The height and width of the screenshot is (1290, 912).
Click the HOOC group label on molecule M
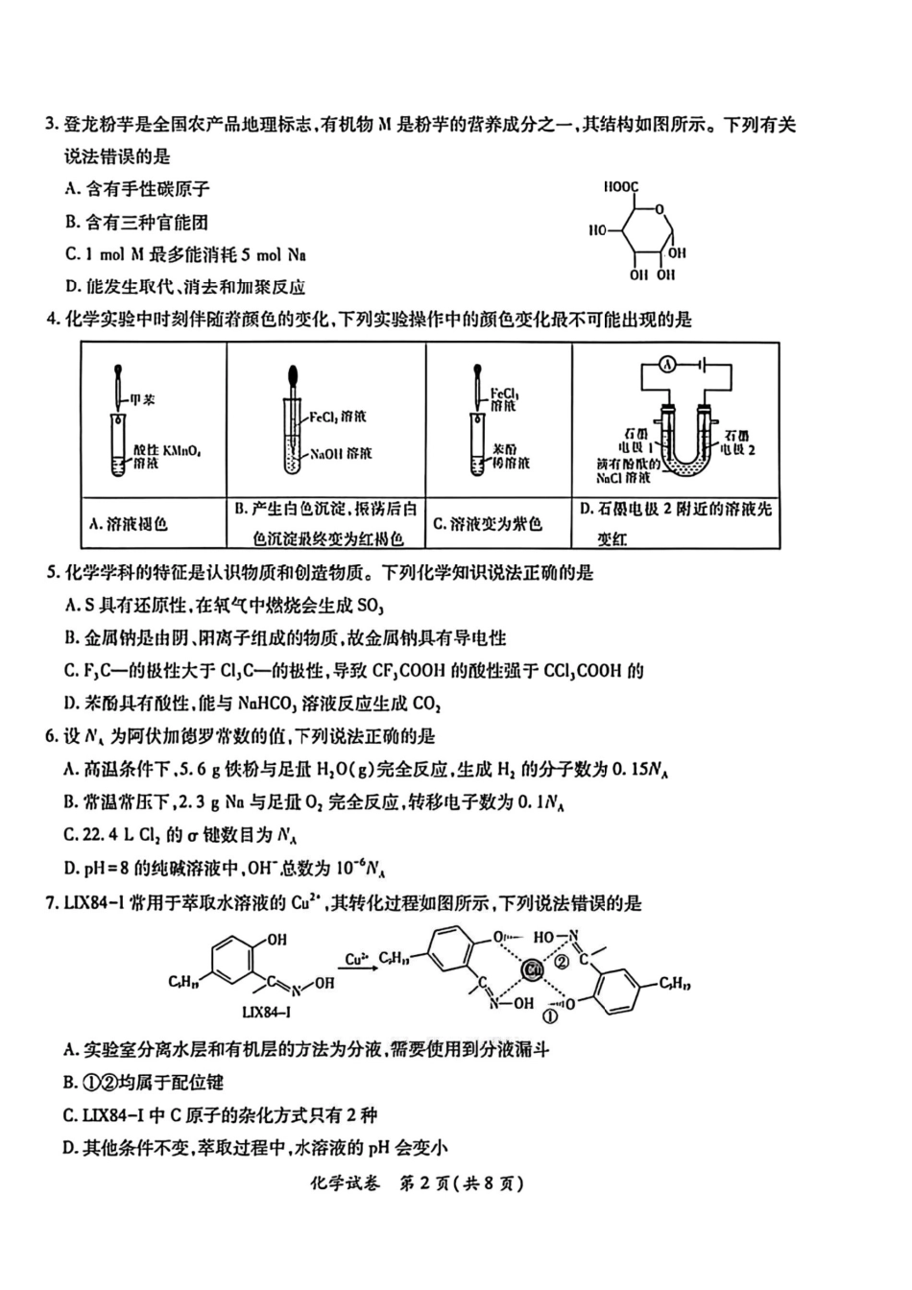coord(621,188)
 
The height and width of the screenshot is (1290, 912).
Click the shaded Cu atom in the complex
coord(533,970)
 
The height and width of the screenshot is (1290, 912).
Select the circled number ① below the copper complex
coord(551,1014)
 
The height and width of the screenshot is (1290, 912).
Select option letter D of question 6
coord(70,869)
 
